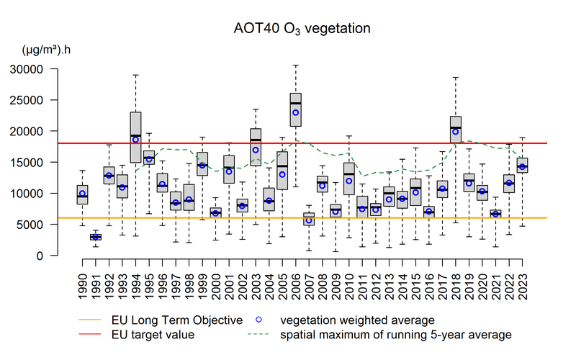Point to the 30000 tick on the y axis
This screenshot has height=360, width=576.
click(43, 69)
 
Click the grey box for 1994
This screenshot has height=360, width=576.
click(135, 137)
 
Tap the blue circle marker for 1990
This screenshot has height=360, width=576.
click(83, 193)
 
